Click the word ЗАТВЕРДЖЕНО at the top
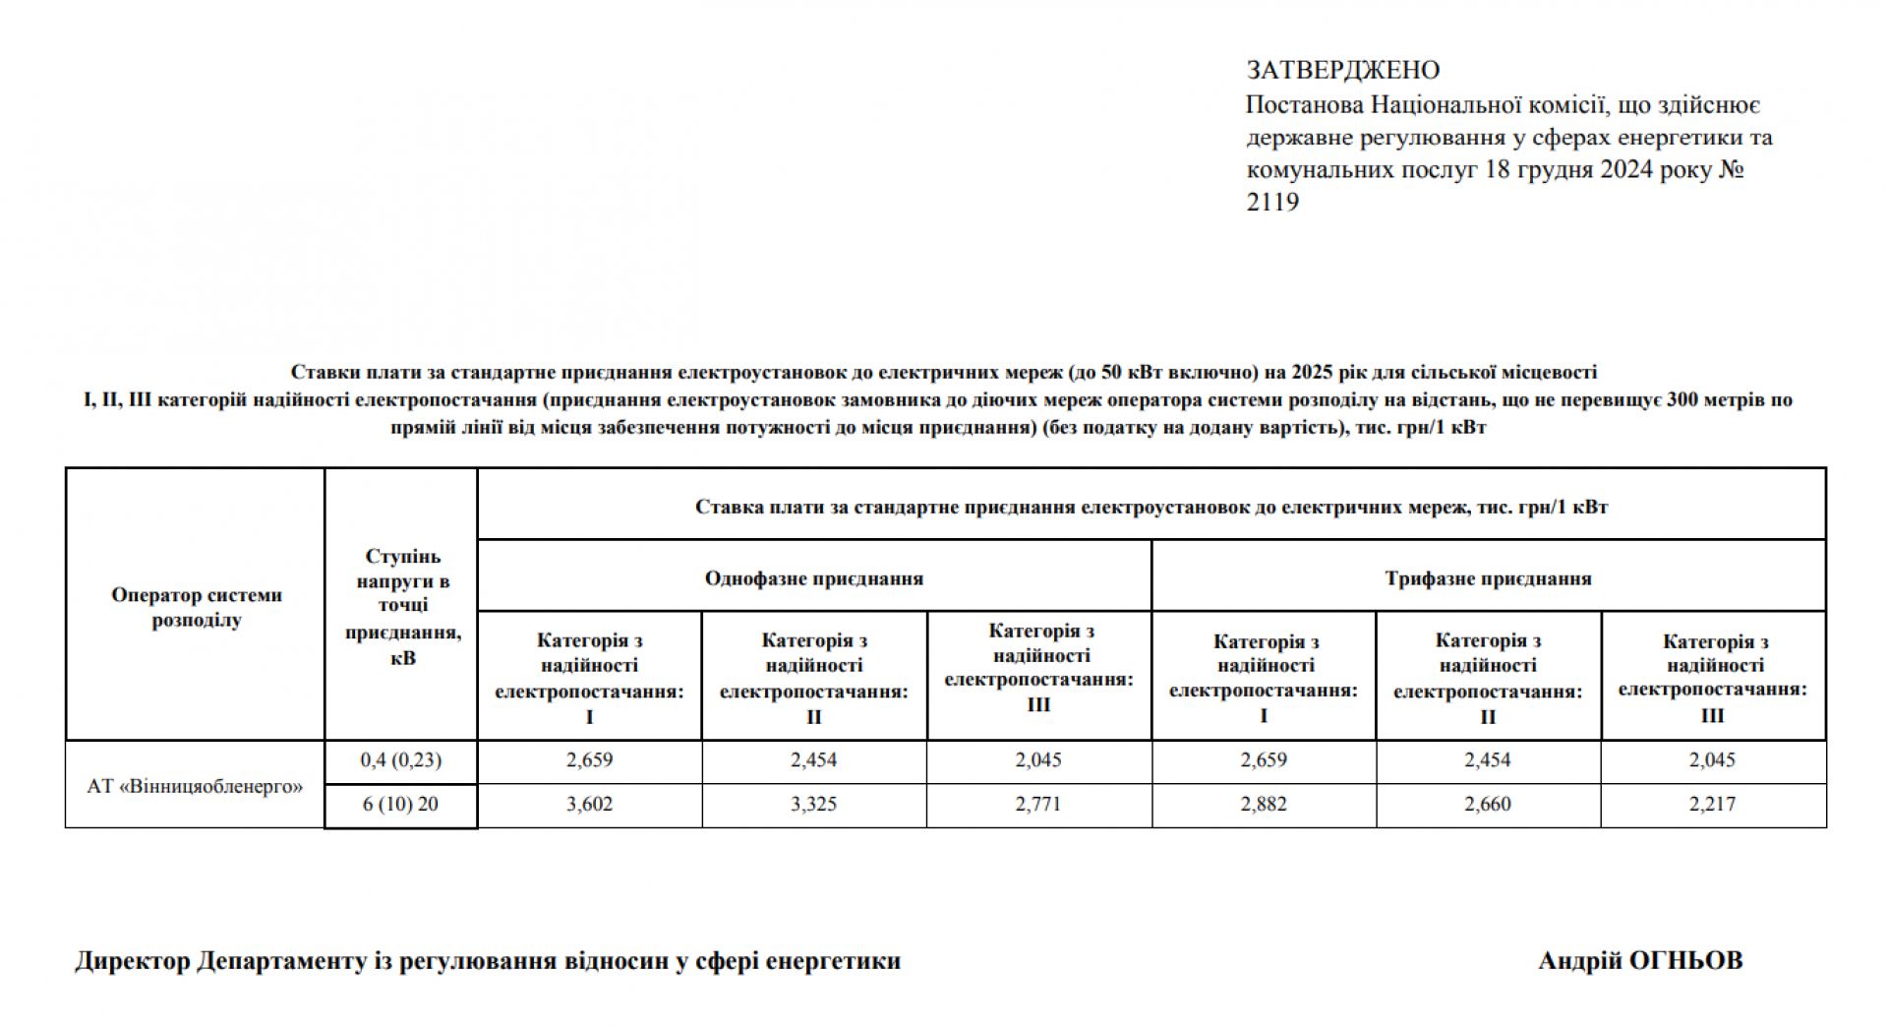(1342, 71)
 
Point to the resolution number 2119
(1272, 203)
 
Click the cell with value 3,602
(589, 805)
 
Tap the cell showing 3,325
(813, 805)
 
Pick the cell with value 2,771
(1038, 805)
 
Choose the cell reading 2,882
(1264, 805)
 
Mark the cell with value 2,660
(1488, 805)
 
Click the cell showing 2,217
(1713, 805)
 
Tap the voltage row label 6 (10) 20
(400, 805)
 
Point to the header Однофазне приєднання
(813, 578)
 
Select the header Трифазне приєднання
(1488, 578)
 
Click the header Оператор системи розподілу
(196, 607)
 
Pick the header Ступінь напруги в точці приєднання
(402, 607)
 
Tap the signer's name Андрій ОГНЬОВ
(1640, 961)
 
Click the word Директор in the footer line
(132, 961)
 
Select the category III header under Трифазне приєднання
(1713, 679)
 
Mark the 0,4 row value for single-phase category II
(813, 760)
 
